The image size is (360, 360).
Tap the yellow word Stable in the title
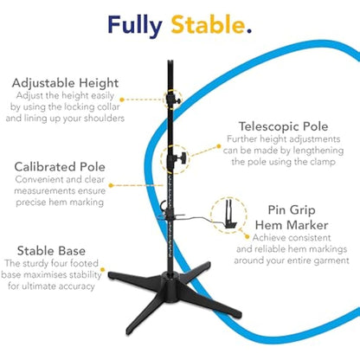pyautogui.click(x=208, y=24)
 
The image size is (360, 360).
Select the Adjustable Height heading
pyautogui.click(x=65, y=83)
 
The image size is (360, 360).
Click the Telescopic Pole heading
pyautogui.click(x=283, y=126)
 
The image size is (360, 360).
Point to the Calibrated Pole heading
pyautogui.click(x=60, y=167)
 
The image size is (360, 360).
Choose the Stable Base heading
pyautogui.click(x=51, y=251)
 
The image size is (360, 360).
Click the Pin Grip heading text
pyautogui.click(x=292, y=210)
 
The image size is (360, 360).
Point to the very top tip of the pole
pyautogui.click(x=170, y=61)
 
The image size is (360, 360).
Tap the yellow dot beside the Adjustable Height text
pyautogui.click(x=122, y=100)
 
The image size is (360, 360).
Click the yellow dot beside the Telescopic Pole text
pyautogui.click(x=219, y=146)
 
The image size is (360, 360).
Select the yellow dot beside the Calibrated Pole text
pyautogui.click(x=111, y=185)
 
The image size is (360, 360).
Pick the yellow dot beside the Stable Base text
pyautogui.click(x=102, y=270)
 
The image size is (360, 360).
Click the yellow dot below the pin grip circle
pyautogui.click(x=247, y=237)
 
